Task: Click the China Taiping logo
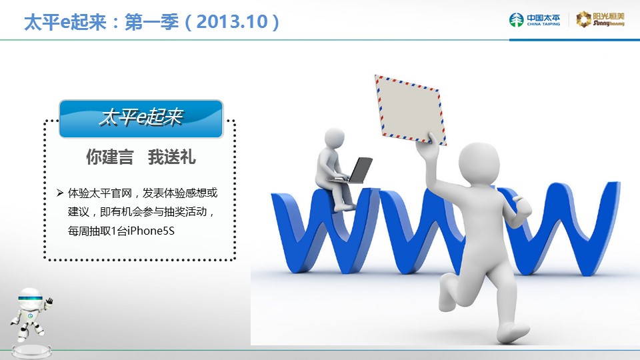(x=534, y=19)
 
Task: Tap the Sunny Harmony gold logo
(x=600, y=19)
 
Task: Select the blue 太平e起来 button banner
(x=141, y=119)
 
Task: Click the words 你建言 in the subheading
(x=110, y=157)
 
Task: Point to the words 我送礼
(x=172, y=157)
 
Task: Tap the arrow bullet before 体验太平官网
(x=60, y=193)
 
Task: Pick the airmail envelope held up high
(x=410, y=110)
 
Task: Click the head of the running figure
(x=479, y=163)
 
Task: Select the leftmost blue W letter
(x=325, y=230)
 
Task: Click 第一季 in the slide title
(x=151, y=21)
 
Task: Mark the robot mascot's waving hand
(x=49, y=301)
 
